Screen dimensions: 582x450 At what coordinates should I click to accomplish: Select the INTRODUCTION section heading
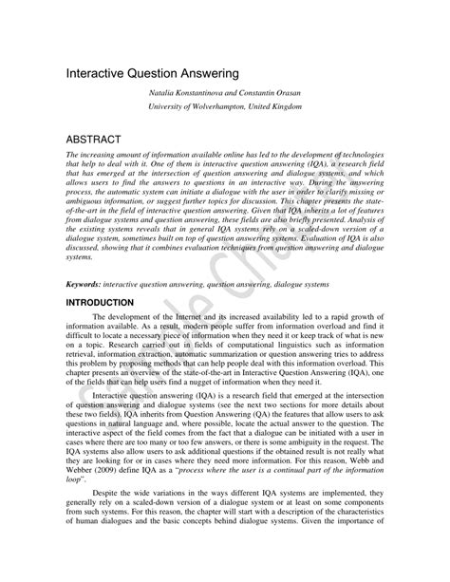pyautogui.click(x=105, y=302)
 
